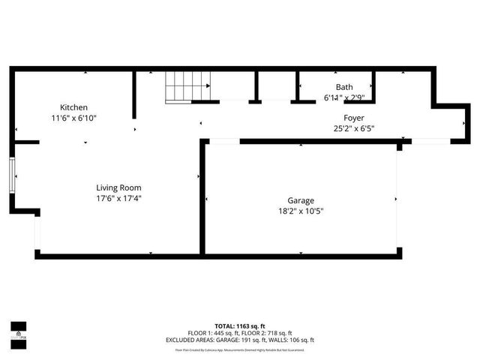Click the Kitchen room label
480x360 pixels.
click(x=74, y=107)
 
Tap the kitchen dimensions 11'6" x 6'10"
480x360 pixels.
click(x=74, y=118)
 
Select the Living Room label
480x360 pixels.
click(x=118, y=187)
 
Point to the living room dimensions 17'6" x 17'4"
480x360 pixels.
click(x=118, y=199)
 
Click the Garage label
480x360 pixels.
click(x=301, y=200)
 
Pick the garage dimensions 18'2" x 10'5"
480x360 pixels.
click(x=301, y=211)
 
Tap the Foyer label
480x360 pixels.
click(x=354, y=118)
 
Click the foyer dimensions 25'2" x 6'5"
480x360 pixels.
click(x=354, y=129)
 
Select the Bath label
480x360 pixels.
click(x=344, y=87)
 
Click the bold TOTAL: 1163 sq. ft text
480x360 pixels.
click(x=240, y=325)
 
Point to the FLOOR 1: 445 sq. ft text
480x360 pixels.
click(x=213, y=333)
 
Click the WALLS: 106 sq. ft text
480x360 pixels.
click(x=295, y=340)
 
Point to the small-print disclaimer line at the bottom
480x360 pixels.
click(x=240, y=349)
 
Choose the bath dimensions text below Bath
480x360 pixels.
click(x=344, y=97)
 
